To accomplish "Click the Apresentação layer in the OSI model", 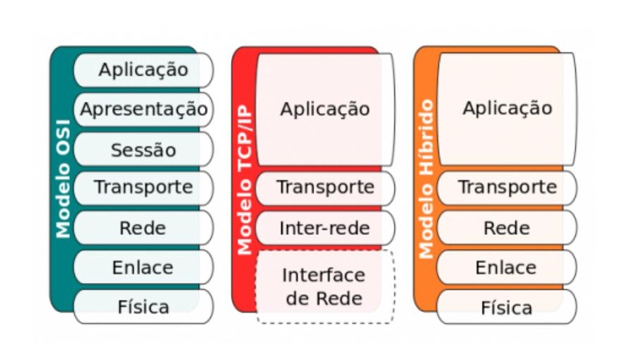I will (x=143, y=110).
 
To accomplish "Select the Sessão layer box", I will (x=143, y=149).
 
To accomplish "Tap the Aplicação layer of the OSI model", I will (x=143, y=69).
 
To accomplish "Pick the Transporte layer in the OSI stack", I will (x=143, y=187).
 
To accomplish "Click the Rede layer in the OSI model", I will (x=143, y=228).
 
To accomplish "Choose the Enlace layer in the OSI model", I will (x=143, y=267).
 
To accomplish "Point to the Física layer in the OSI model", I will (x=143, y=307).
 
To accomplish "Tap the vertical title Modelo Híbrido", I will (x=426, y=180).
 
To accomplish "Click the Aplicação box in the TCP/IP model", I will (x=325, y=109).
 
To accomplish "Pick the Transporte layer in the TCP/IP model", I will (x=325, y=187).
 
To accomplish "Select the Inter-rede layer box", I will (x=325, y=228).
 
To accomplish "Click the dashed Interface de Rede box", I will (x=325, y=286).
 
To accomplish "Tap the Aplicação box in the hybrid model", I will (x=507, y=109).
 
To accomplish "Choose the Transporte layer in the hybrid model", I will (x=507, y=187).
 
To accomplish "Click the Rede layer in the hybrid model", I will (x=507, y=228).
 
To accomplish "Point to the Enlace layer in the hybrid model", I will (x=507, y=267).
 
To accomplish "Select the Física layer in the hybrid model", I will (x=507, y=308).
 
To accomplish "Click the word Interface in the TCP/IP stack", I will (x=324, y=274).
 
